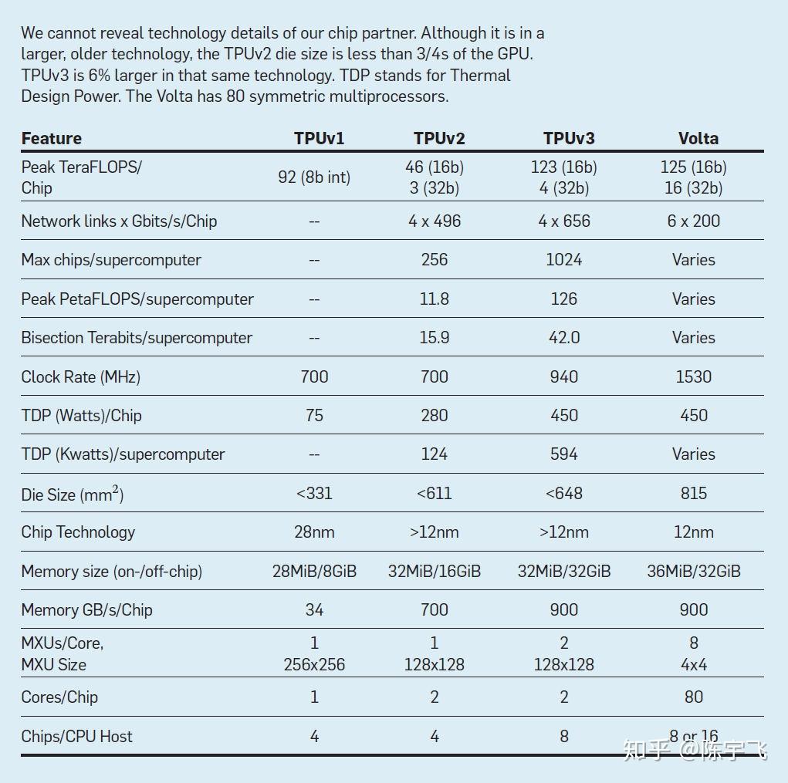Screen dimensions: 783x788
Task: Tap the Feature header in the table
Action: click(x=52, y=138)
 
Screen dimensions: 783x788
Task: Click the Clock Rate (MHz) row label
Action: click(x=81, y=376)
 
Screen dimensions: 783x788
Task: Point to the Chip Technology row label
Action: click(x=78, y=532)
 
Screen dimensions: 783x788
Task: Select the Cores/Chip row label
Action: click(x=59, y=697)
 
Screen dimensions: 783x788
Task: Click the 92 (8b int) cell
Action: click(x=314, y=177)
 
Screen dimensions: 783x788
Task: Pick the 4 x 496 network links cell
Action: click(x=435, y=221)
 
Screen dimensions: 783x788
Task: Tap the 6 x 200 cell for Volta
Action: click(x=693, y=221)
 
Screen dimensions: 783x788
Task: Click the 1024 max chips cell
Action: click(x=563, y=259)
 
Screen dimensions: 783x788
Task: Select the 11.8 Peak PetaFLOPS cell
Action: click(x=435, y=299)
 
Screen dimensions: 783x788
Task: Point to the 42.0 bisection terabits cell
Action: click(x=563, y=337)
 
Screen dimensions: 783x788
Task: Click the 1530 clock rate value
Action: click(x=693, y=376)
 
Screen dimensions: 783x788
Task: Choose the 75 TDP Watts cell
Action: click(x=314, y=415)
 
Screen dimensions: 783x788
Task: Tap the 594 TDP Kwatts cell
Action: click(x=563, y=454)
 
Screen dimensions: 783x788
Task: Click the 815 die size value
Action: click(x=693, y=493)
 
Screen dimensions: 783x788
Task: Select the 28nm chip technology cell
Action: click(x=314, y=532)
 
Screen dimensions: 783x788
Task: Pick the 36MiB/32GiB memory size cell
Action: click(x=693, y=571)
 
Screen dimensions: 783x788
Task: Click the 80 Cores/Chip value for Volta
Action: click(x=693, y=697)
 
